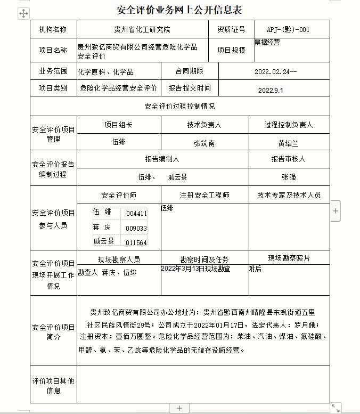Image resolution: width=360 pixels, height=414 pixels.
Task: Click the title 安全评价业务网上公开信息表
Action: (x=179, y=10)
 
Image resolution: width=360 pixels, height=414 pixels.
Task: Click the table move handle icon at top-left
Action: (x=23, y=14)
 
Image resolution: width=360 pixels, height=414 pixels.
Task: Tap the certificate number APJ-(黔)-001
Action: (x=288, y=29)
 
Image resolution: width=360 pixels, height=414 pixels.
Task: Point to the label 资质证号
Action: (x=231, y=29)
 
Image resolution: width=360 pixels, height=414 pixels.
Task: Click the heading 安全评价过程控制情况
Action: (x=179, y=106)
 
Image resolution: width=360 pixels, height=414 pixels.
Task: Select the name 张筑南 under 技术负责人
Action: (x=204, y=143)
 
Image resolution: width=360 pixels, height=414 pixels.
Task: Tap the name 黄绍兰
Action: (x=289, y=143)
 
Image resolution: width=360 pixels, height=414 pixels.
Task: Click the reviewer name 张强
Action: (x=289, y=176)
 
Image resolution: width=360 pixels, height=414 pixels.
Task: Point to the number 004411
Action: (x=136, y=214)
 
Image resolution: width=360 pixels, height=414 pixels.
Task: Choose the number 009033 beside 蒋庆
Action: (x=136, y=229)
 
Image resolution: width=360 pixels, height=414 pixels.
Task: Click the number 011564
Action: (x=136, y=243)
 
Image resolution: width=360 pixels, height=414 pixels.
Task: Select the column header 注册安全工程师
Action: (x=204, y=195)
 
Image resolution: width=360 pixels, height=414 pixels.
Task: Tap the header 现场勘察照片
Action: (x=289, y=258)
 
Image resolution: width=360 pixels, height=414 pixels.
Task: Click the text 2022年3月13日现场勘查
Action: (x=195, y=269)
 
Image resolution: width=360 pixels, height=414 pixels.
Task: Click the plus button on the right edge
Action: (x=336, y=211)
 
